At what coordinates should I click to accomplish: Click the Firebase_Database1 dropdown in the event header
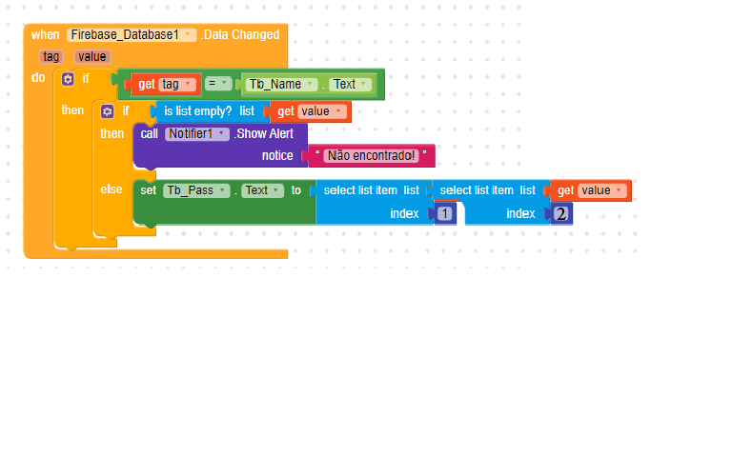[132, 35]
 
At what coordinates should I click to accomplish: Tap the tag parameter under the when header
[51, 57]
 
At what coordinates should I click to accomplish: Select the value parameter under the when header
[92, 57]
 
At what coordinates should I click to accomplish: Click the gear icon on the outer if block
[68, 79]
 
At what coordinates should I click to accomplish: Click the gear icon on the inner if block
[108, 111]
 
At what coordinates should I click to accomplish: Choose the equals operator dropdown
[218, 84]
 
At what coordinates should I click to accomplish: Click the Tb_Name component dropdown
[281, 85]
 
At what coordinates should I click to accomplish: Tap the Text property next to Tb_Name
[350, 85]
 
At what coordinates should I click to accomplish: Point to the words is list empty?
[197, 111]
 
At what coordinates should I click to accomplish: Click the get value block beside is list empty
[310, 111]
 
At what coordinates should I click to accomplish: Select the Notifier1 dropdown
[197, 134]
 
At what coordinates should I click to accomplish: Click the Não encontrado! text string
[371, 156]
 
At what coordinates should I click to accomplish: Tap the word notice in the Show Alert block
[277, 156]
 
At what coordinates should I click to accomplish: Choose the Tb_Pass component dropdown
[196, 190]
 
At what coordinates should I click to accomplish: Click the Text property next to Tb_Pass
[262, 190]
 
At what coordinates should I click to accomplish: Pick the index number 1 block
[444, 213]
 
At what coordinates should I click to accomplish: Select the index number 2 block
[560, 213]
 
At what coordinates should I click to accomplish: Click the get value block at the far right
[591, 190]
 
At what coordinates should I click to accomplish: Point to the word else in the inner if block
[112, 189]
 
